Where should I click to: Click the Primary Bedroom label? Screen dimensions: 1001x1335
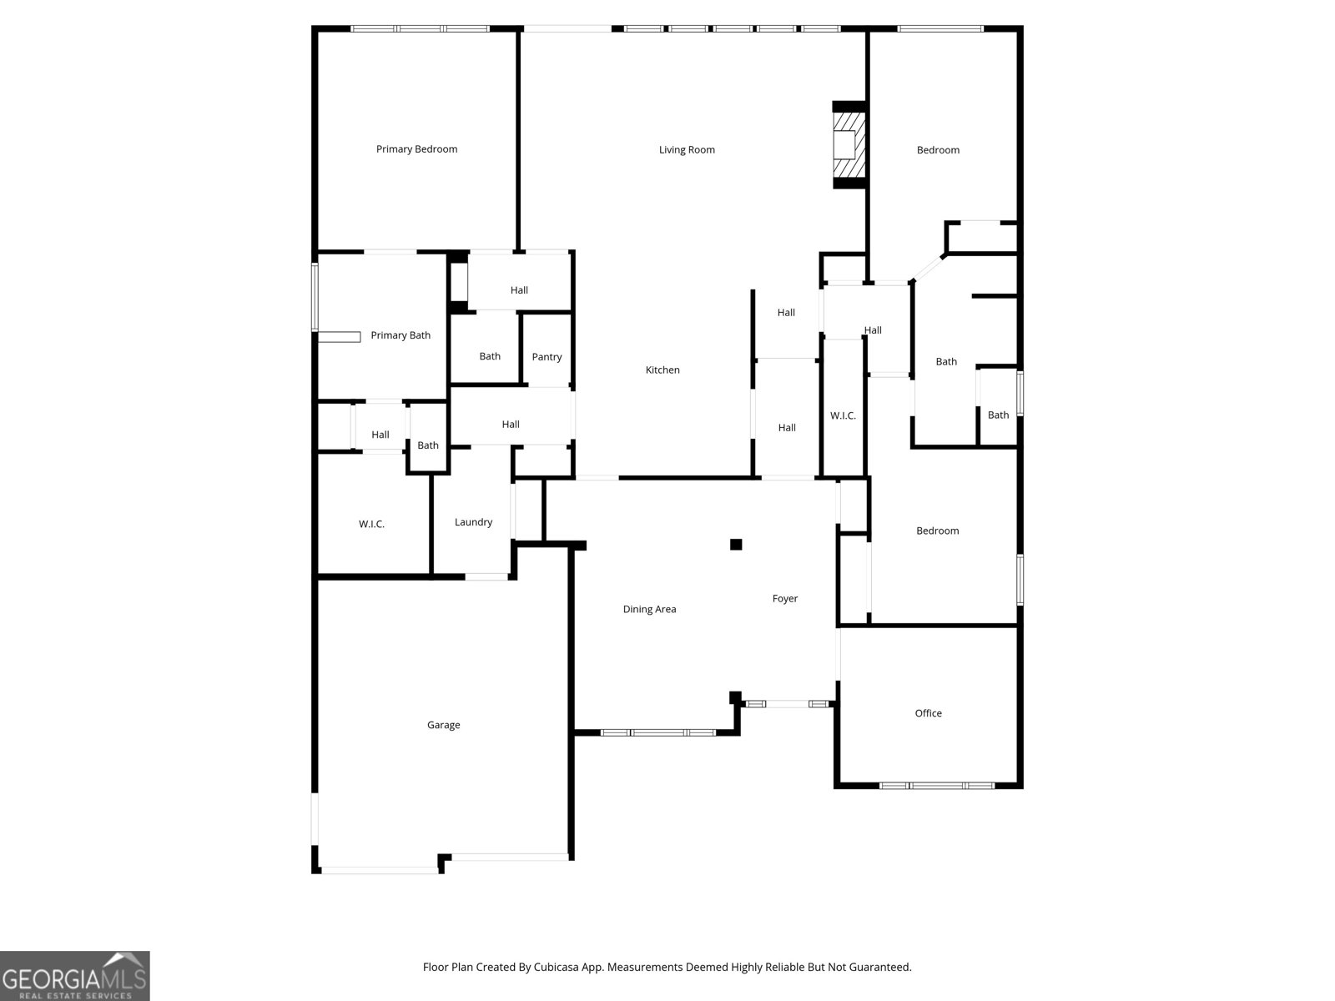coord(416,149)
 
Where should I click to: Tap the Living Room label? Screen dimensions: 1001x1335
coord(687,150)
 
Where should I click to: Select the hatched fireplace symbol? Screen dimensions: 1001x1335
coord(849,145)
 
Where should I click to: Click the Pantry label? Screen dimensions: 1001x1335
coord(547,357)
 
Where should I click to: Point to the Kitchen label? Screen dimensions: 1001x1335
coord(662,370)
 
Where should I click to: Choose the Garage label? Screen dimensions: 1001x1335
coord(443,726)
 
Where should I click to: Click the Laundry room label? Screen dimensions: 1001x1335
coord(473,522)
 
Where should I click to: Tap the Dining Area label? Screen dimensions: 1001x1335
coord(649,610)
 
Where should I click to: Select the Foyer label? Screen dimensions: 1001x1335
coord(784,599)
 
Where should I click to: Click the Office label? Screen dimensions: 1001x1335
coord(928,713)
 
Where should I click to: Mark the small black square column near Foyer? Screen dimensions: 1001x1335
coord(736,545)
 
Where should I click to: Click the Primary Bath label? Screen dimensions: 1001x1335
coord(400,335)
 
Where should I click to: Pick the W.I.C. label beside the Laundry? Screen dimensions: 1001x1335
coord(371,525)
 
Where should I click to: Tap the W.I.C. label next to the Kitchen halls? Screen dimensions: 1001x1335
coord(843,415)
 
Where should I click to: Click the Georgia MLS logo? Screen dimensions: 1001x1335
coord(75,976)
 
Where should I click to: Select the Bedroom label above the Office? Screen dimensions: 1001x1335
coord(937,531)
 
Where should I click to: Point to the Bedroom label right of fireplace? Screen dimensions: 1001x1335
coord(938,150)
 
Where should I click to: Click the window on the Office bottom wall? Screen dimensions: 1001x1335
coord(937,786)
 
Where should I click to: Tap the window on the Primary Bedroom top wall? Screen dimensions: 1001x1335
coord(420,29)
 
